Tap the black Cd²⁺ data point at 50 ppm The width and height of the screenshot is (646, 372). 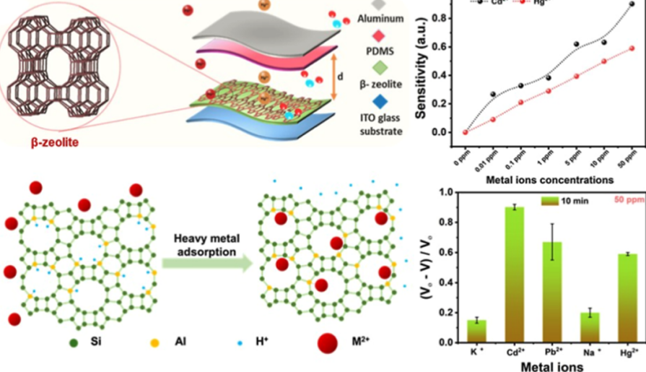click(x=632, y=4)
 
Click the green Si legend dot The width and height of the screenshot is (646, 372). click(x=74, y=339)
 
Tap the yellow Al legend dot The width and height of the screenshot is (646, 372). click(x=155, y=339)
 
